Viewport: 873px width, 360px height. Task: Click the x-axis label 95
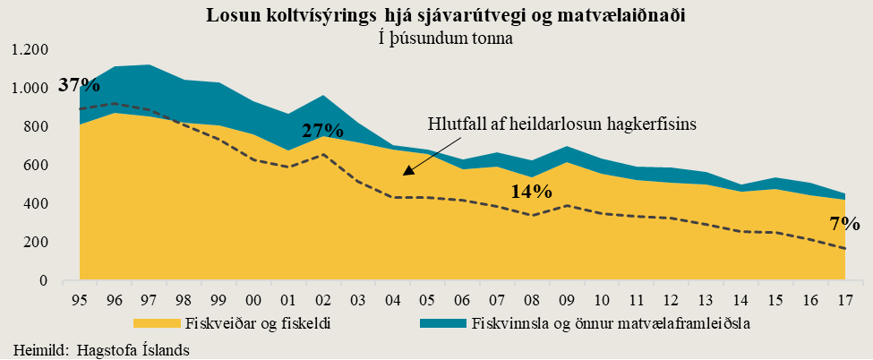(79, 297)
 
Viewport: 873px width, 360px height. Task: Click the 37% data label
(79, 86)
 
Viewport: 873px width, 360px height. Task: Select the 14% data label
(532, 191)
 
